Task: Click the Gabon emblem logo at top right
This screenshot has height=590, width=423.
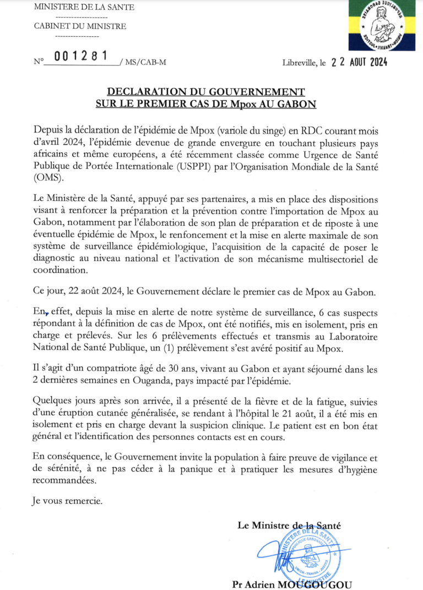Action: [382, 26]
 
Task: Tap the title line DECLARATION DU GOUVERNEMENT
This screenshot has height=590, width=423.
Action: [205, 91]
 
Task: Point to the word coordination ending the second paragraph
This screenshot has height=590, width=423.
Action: [60, 270]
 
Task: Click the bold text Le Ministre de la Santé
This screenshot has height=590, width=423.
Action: [289, 526]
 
